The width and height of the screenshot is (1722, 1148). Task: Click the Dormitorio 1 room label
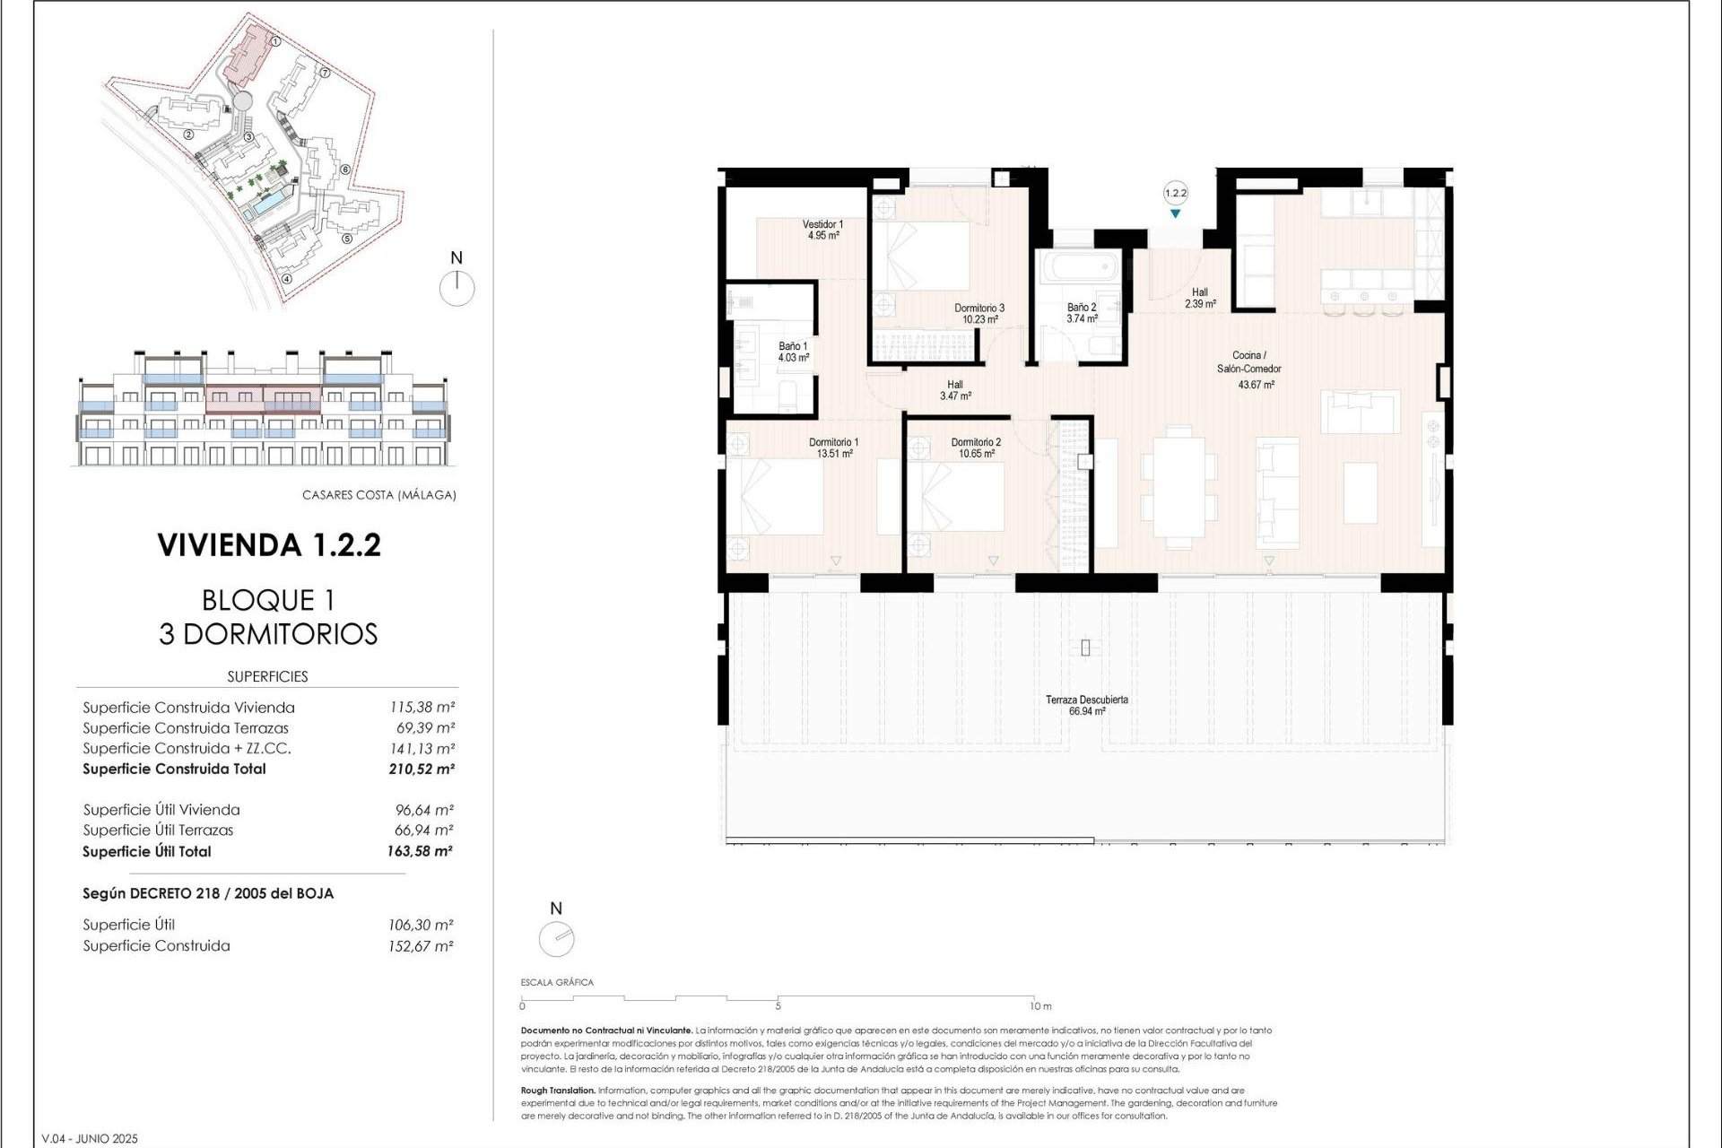coord(833,448)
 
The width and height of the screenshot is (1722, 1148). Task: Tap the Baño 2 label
coord(1082,312)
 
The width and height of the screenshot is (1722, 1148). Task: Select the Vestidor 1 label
coord(822,230)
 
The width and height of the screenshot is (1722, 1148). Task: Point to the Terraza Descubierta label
coord(1086,705)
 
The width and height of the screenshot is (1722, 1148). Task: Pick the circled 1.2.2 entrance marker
coord(1175,193)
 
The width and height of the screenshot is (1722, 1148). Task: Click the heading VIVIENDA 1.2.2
coord(269,545)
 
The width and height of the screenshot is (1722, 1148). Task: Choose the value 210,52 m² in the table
coord(421,769)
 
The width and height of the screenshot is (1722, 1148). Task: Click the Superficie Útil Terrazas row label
coord(158,831)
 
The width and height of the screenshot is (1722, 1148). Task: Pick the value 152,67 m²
coord(420,946)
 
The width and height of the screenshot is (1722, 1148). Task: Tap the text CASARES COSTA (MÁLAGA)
coord(378,495)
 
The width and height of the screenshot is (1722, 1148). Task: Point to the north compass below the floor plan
coord(556,939)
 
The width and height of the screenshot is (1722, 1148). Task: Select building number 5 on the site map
coord(346,239)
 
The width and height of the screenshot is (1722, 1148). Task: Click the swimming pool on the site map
coord(265,207)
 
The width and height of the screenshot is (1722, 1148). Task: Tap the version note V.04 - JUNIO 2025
coord(90,1139)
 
